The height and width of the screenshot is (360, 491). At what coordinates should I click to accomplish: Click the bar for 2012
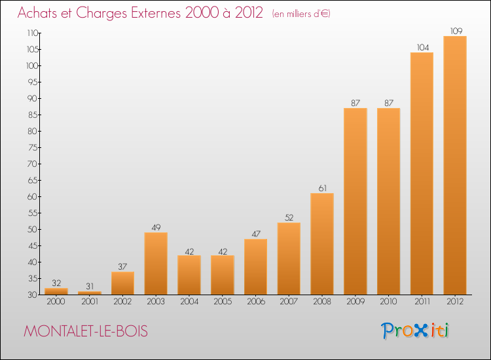tap(455, 165)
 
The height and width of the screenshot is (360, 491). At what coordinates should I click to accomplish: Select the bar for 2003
tap(156, 263)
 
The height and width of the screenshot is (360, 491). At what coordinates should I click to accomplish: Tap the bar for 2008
tap(322, 243)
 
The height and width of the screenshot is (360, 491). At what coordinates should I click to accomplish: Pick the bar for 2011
tap(422, 173)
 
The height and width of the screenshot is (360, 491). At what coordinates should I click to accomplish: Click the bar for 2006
tap(255, 266)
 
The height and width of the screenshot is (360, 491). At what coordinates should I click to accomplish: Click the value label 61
tap(322, 189)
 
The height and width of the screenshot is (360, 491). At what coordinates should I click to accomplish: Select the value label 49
tap(156, 228)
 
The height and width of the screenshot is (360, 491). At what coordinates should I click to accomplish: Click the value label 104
tap(422, 47)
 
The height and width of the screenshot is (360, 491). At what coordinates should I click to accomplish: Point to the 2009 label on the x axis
tap(355, 302)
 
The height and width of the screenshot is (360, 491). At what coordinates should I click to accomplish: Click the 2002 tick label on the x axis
tap(122, 302)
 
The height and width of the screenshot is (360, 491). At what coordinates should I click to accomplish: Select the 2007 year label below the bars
tap(289, 302)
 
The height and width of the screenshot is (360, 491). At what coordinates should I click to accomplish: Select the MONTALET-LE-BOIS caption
tap(86, 332)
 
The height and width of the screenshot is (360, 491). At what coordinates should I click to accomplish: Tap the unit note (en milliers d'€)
tap(300, 14)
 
